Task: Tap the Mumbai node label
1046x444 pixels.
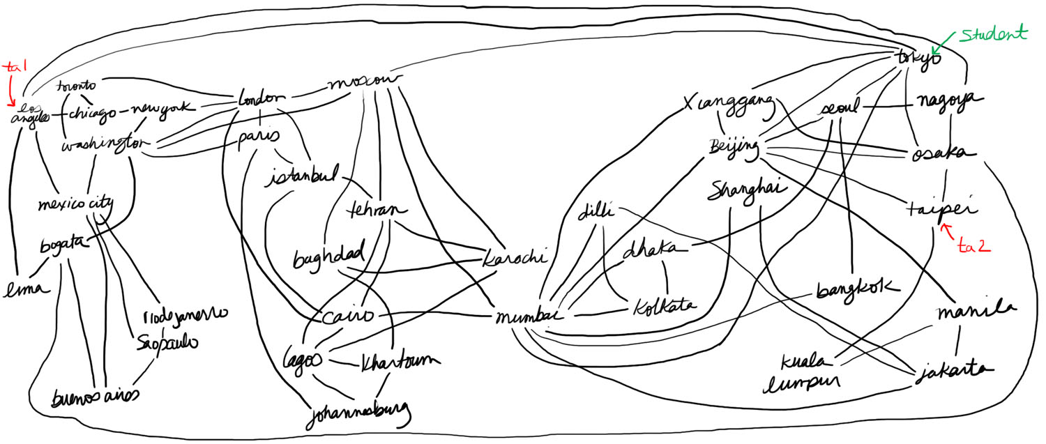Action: (x=530, y=317)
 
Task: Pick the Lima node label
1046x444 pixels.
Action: (x=28, y=287)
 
